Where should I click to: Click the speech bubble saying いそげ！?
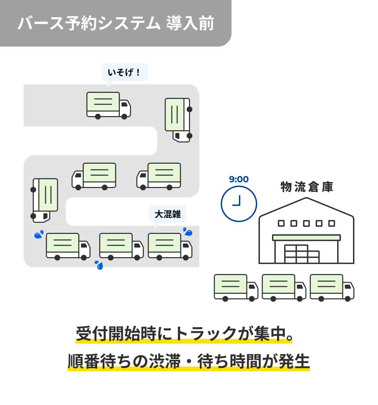tap(125, 72)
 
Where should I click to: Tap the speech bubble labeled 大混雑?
tap(167, 214)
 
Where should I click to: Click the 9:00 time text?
tap(239, 179)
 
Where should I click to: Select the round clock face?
tap(239, 204)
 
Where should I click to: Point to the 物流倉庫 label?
tap(306, 187)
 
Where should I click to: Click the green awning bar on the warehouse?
tap(306, 238)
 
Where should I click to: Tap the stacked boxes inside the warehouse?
tap(301, 254)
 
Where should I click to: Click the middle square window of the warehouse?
tap(306, 223)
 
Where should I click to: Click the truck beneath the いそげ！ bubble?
tap(108, 105)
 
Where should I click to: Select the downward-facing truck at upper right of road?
tap(178, 119)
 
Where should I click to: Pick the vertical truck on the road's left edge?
tap(45, 200)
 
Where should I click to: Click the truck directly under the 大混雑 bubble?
tap(170, 247)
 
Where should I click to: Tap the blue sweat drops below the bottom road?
tap(99, 265)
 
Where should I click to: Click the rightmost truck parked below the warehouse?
tap(331, 287)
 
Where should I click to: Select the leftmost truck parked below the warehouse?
tap(236, 287)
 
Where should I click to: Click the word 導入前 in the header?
tap(190, 24)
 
